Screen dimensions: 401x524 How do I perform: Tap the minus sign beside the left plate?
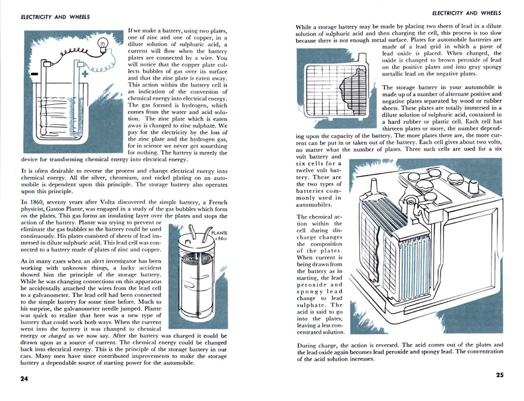[35, 74]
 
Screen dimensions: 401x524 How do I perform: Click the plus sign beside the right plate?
[85, 74]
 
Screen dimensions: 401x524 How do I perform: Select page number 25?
[499, 375]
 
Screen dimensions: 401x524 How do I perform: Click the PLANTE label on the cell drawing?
[219, 233]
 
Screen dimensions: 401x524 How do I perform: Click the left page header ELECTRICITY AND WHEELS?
[55, 17]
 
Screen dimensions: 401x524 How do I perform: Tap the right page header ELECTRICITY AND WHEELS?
[467, 13]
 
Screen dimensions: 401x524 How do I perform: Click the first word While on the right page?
[303, 27]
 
